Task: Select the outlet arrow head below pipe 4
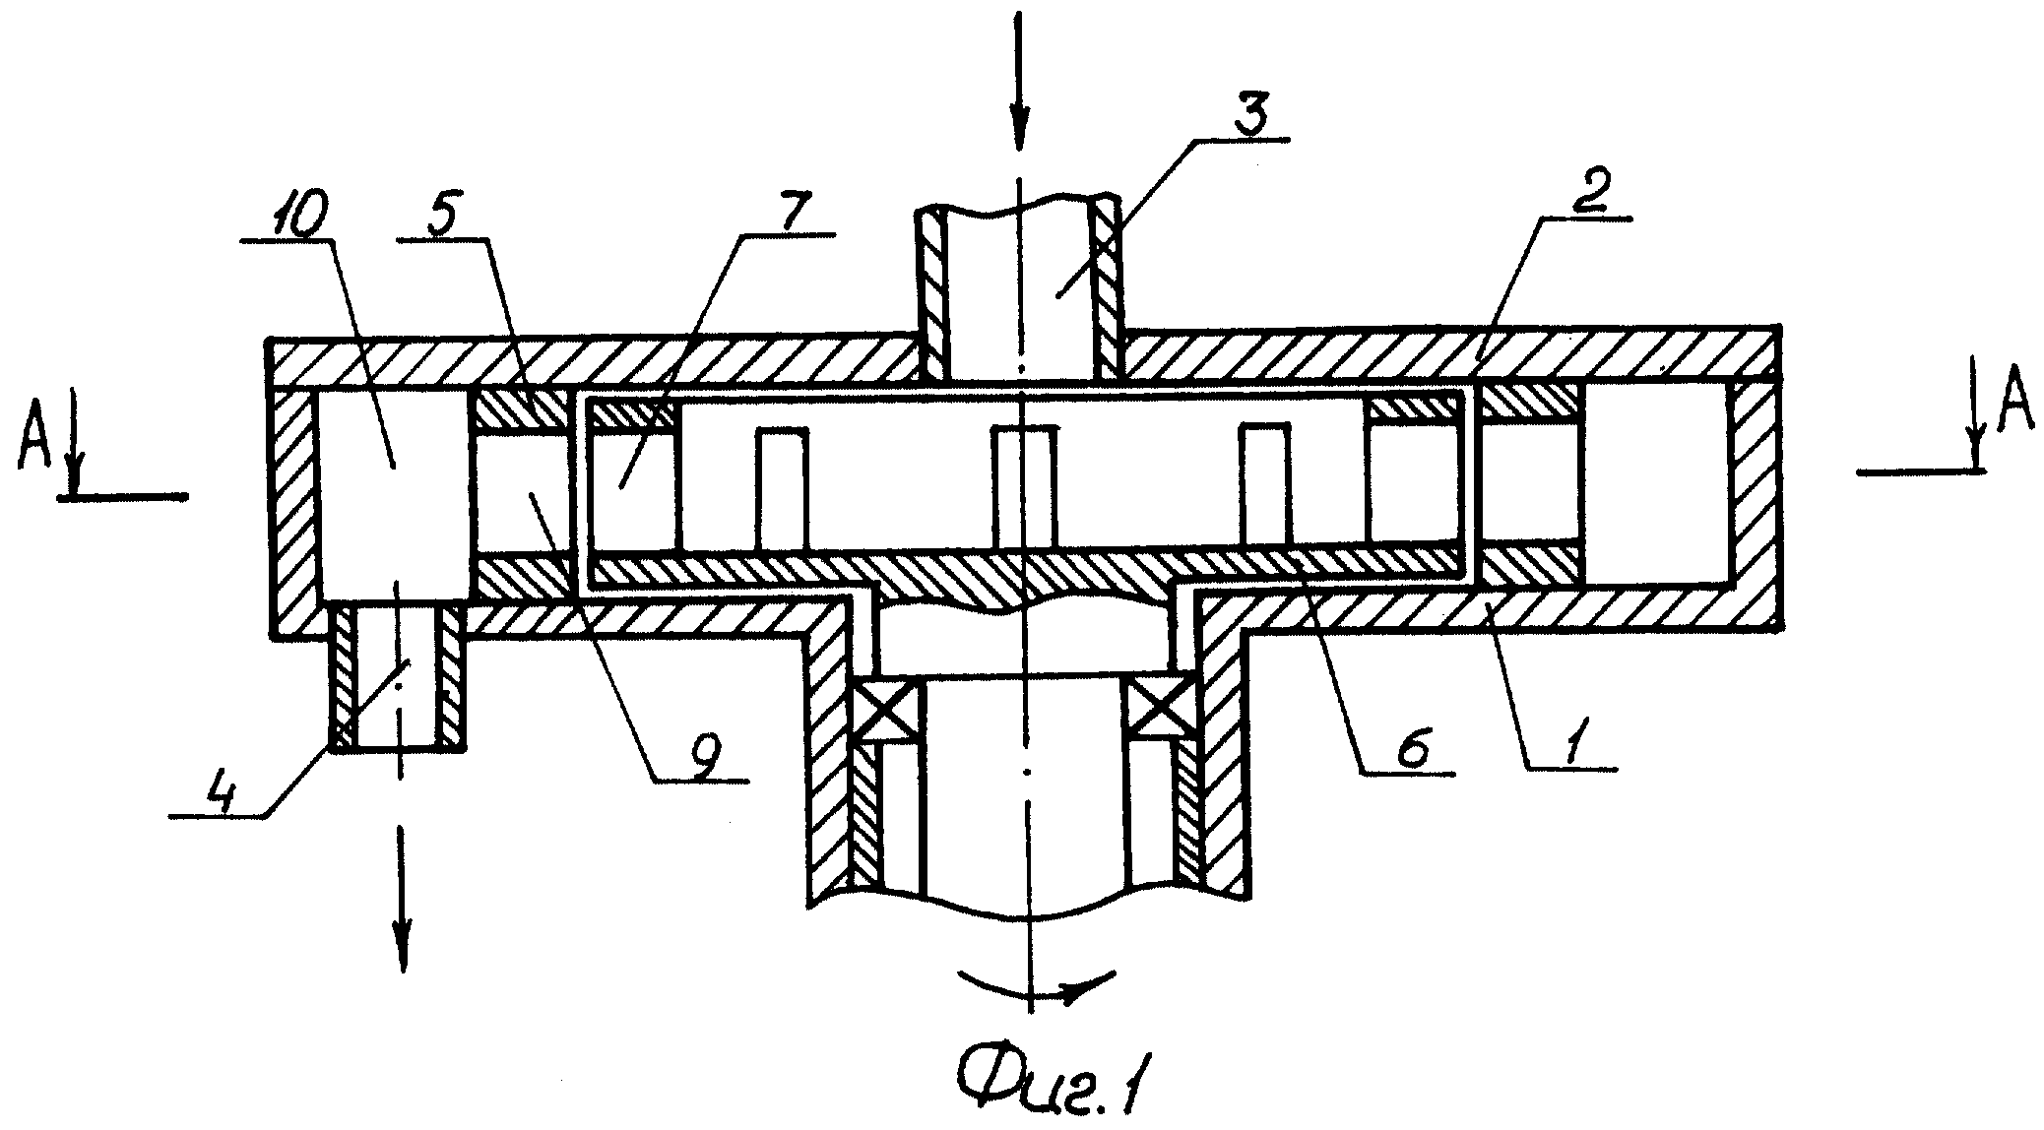pos(401,949)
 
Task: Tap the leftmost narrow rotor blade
pos(782,488)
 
